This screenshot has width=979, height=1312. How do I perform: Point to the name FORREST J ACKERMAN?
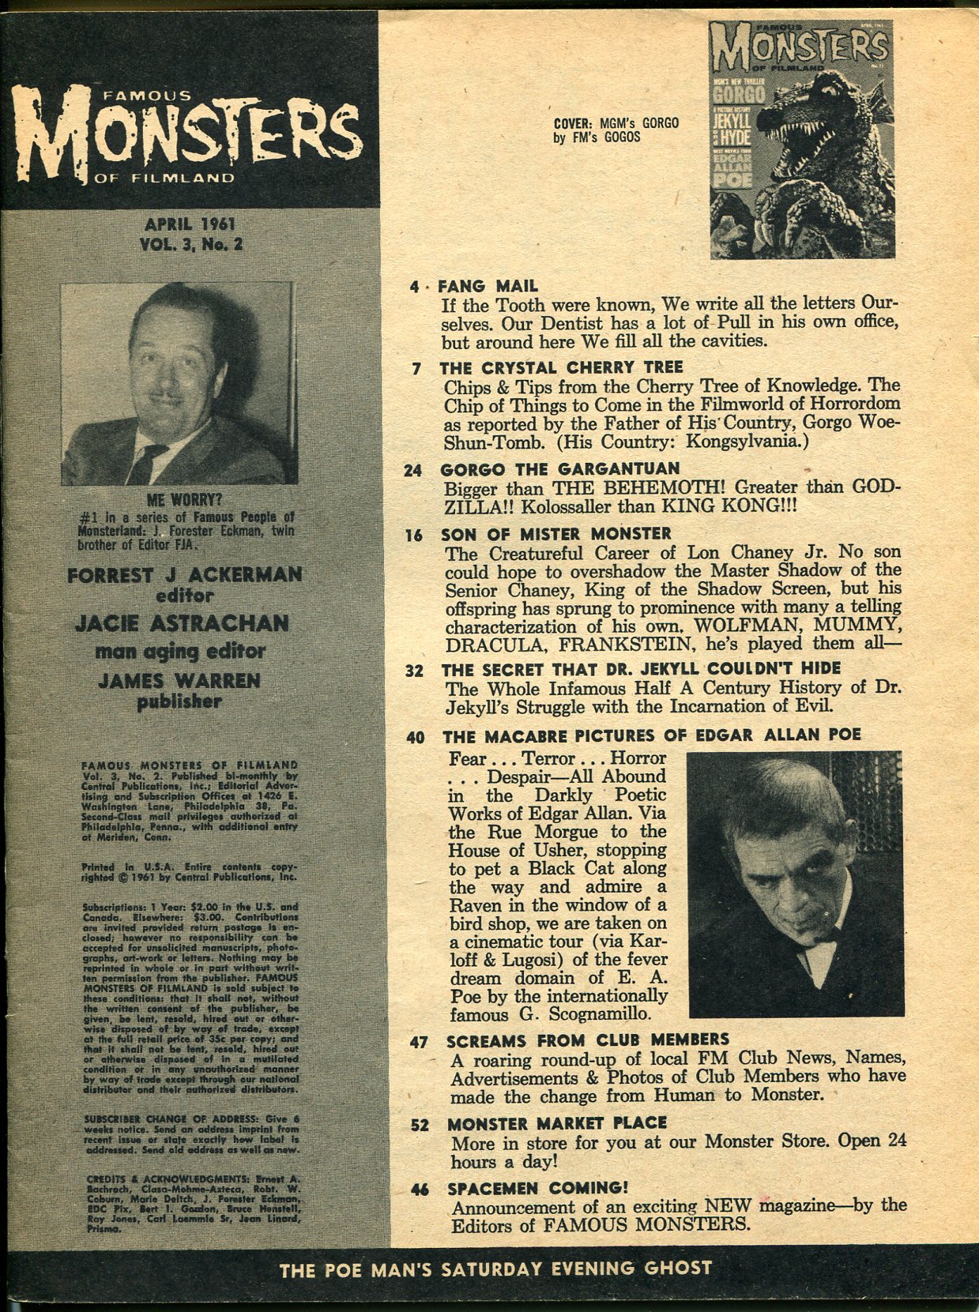coord(184,574)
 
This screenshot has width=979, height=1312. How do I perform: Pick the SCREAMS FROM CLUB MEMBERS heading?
coord(587,1039)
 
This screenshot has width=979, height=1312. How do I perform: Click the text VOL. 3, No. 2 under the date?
coord(190,244)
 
